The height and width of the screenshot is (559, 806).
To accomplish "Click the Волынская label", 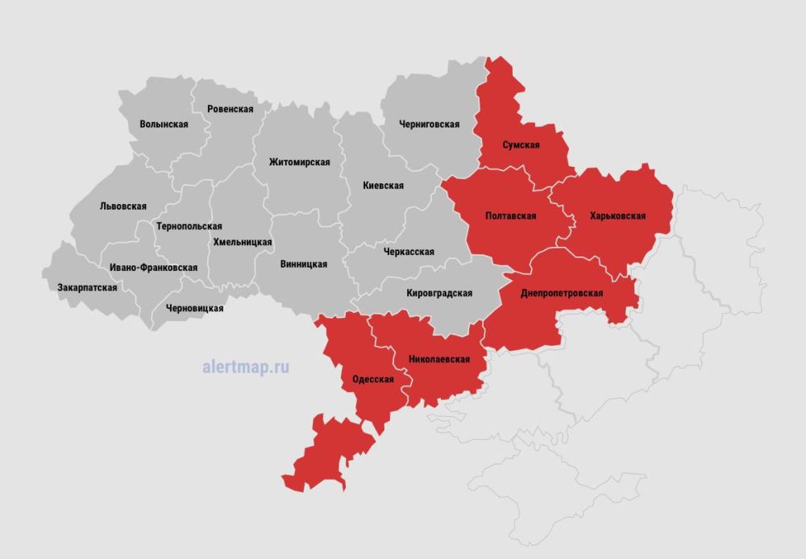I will [164, 124].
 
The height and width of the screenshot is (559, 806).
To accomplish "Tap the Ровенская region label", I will [230, 109].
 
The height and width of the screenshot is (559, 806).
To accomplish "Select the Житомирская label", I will [299, 162].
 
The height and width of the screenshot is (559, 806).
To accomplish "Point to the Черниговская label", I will [429, 124].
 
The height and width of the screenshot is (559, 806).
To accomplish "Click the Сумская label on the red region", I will [521, 145].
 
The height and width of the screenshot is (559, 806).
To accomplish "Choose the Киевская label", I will [383, 186].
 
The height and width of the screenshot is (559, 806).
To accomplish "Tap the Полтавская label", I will [510, 216].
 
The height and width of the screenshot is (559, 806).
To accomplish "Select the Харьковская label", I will [617, 216].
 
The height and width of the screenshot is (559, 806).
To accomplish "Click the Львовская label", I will [123, 206].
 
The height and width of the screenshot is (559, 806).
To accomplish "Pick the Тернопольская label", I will [189, 227].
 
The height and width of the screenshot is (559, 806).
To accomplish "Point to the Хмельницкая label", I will [243, 241].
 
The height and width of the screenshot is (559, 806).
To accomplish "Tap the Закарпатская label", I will [87, 288].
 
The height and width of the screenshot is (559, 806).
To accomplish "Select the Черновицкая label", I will [194, 308].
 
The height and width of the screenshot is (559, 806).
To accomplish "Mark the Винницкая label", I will [304, 265].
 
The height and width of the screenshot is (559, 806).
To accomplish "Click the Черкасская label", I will [408, 252].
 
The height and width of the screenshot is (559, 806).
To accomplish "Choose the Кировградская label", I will [439, 294].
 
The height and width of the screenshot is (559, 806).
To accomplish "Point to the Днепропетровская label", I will [562, 294].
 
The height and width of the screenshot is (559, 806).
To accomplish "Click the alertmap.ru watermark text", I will [246, 367].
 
